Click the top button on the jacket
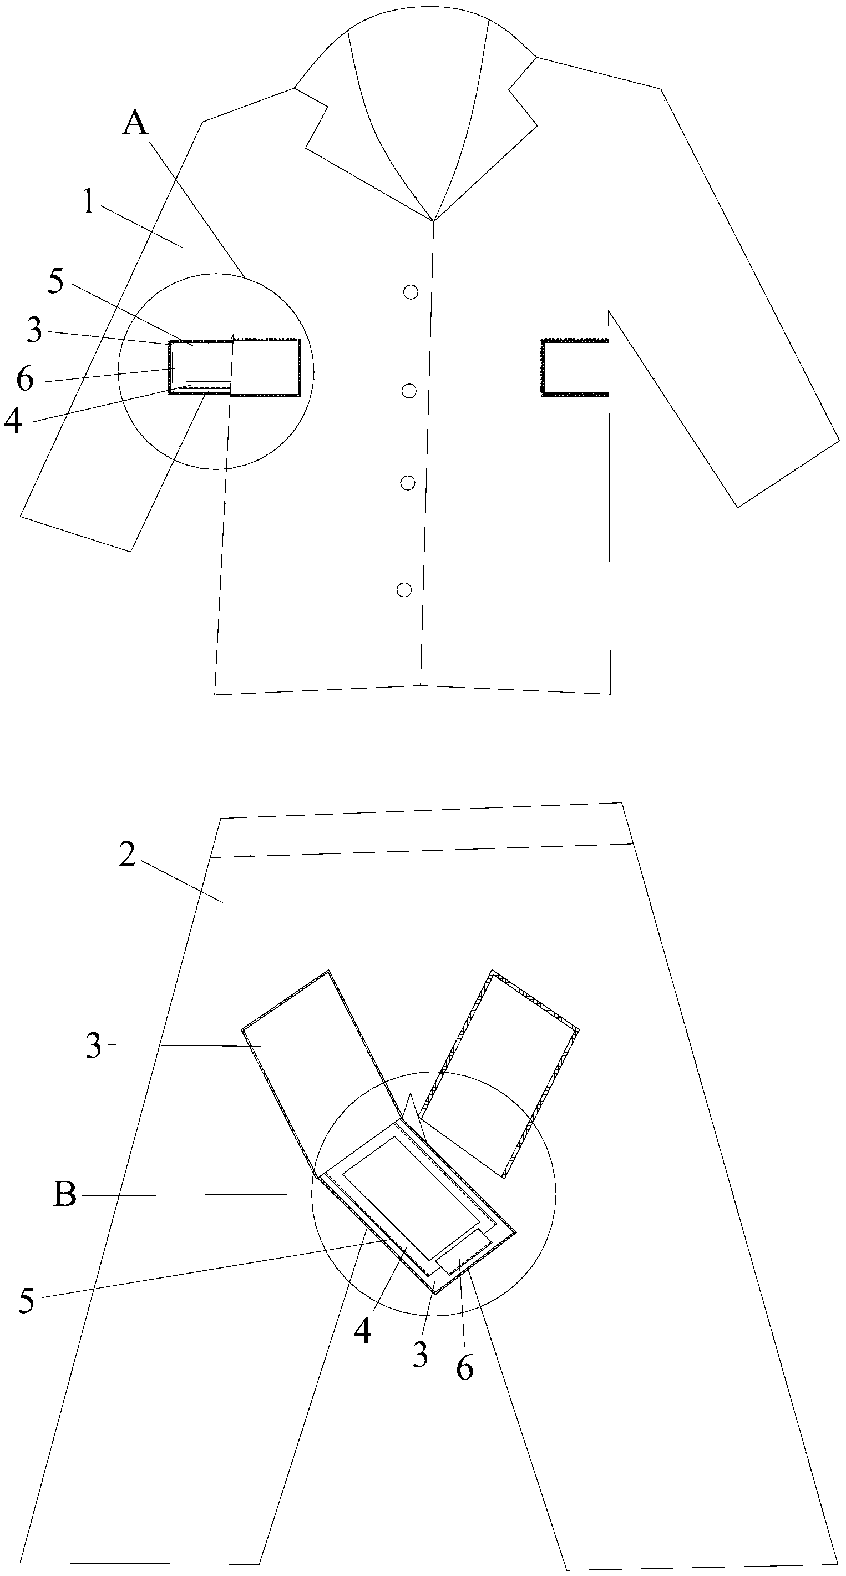click(411, 292)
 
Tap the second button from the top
click(410, 390)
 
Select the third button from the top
click(407, 483)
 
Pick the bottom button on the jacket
click(404, 590)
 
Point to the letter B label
click(65, 1194)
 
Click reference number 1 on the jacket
click(89, 203)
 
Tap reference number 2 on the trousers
click(127, 855)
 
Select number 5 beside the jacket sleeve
click(55, 281)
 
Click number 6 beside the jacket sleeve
click(25, 380)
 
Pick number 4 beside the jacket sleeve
click(13, 422)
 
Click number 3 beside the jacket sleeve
click(35, 331)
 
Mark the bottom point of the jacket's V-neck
click(433, 220)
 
